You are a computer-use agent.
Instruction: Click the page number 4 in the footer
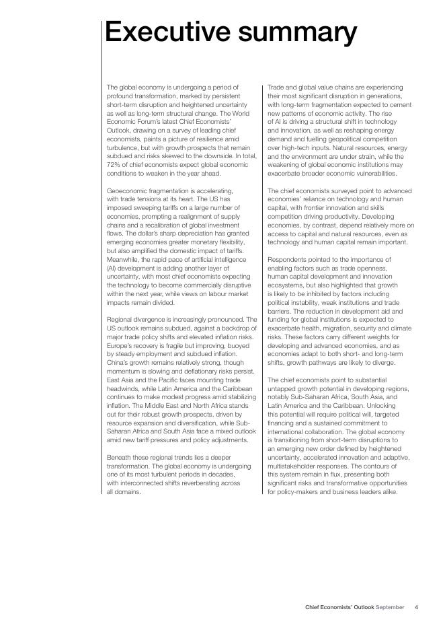pyautogui.click(x=416, y=607)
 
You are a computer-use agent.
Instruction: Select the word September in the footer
pyautogui.click(x=390, y=607)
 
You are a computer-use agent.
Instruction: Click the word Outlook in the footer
pyautogui.click(x=360, y=607)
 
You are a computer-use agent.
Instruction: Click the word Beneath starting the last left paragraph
pyautogui.click(x=120, y=457)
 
